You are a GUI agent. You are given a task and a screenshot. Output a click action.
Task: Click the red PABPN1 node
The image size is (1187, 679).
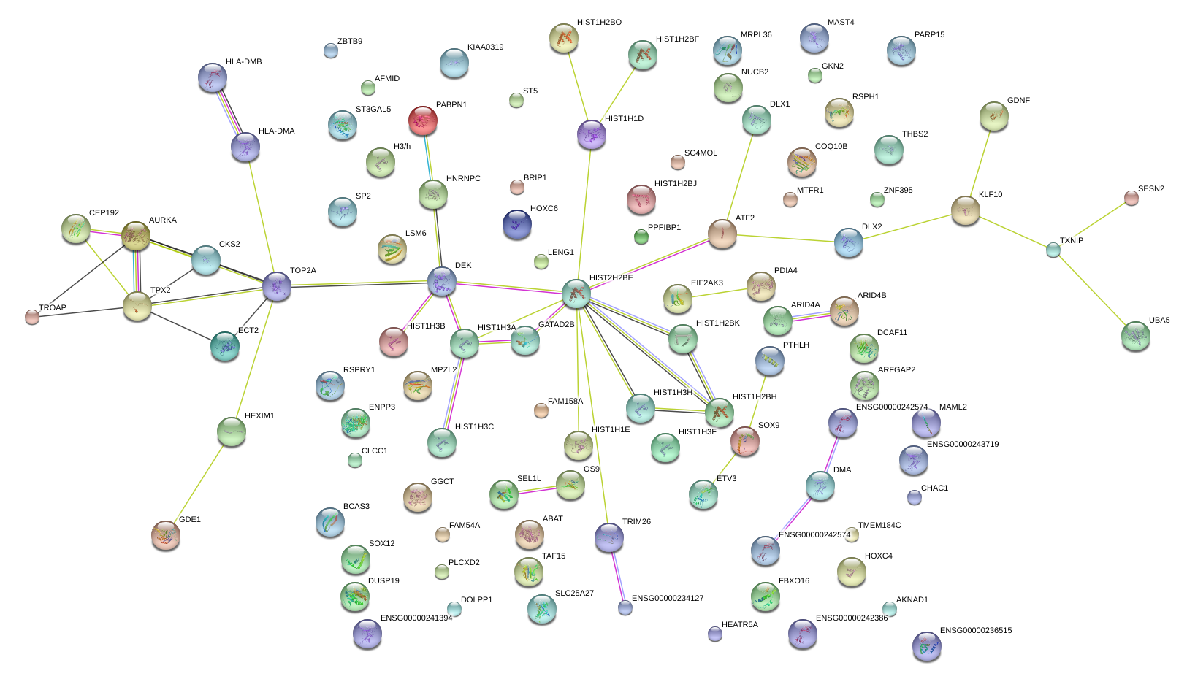423,120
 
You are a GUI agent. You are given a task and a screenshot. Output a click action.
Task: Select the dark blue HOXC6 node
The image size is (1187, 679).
516,224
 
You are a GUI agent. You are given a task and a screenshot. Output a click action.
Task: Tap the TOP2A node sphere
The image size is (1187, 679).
277,286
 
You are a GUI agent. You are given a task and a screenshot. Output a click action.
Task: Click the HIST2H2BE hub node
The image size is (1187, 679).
576,294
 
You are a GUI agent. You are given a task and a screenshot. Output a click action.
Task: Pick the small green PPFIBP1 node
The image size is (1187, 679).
641,237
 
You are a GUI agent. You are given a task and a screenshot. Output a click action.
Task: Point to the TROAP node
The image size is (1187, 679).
32,318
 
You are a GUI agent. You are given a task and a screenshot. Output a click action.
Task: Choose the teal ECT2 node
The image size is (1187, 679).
225,346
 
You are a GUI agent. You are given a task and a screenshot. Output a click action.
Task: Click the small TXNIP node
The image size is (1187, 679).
1053,250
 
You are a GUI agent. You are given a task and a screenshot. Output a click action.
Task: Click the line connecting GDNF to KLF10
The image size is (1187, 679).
980,164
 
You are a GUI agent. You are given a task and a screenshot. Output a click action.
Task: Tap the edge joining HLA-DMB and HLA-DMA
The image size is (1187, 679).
229,113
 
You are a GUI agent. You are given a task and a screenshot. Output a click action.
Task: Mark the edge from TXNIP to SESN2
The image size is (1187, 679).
1092,224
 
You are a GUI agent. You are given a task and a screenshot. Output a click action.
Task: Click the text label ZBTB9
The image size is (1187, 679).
350,42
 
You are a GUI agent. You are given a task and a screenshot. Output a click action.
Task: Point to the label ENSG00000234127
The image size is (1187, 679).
668,599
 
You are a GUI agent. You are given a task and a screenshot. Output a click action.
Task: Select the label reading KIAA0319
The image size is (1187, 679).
486,47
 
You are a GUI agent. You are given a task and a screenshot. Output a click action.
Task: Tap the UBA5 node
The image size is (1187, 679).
1136,336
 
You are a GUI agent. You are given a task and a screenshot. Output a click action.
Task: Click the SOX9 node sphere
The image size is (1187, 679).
744,441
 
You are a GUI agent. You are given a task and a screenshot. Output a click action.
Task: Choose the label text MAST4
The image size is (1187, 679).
841,22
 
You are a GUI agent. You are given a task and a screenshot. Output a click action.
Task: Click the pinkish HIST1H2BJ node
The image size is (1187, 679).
641,199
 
